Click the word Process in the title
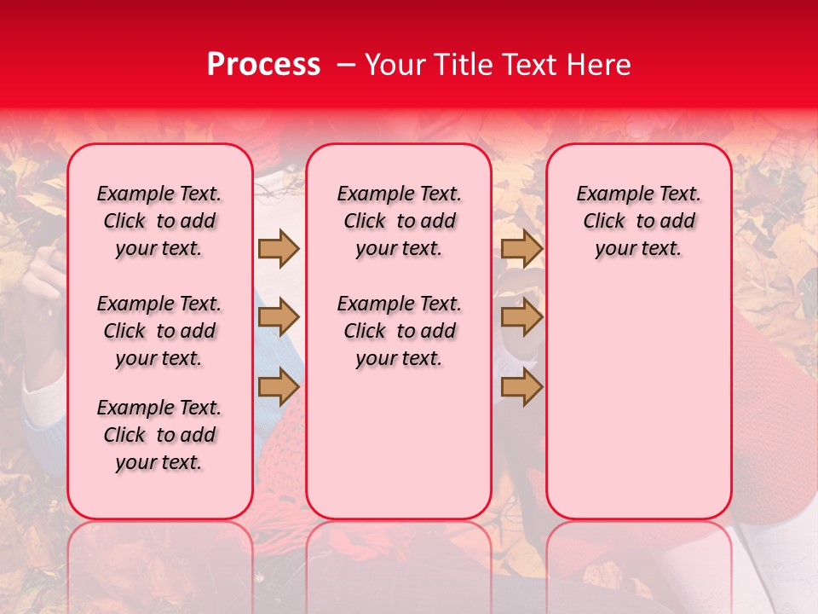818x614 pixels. [262, 65]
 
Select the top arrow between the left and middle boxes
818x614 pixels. [279, 248]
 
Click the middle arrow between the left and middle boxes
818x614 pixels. [279, 318]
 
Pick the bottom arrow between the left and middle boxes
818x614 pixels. [279, 387]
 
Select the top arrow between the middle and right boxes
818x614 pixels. [521, 248]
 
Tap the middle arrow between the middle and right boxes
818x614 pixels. [521, 318]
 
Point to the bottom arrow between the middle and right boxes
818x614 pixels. [521, 387]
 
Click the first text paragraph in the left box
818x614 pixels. [159, 221]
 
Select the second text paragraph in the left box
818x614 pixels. [159, 331]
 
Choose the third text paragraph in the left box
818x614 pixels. [159, 435]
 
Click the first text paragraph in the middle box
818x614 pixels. [399, 221]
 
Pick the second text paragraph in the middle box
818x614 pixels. [399, 331]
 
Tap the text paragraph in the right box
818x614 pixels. [638, 221]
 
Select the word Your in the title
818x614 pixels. [395, 65]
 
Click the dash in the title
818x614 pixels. [345, 65]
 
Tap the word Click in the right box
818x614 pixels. [604, 222]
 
